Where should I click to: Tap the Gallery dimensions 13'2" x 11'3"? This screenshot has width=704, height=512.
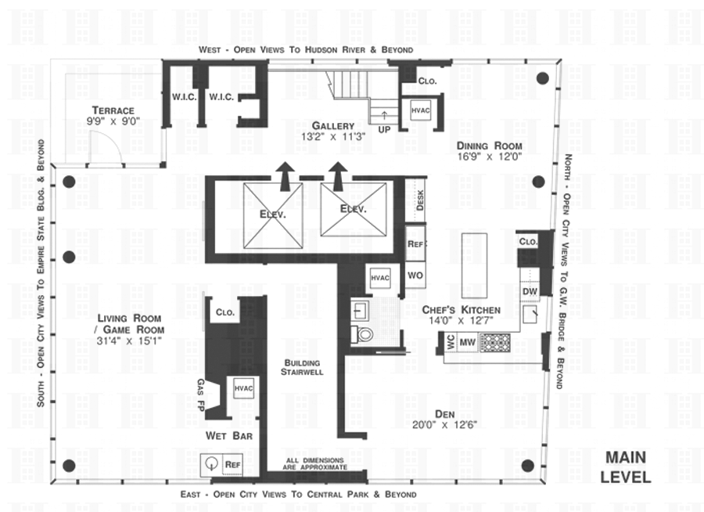click(333, 136)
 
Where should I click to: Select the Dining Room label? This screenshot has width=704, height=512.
click(490, 146)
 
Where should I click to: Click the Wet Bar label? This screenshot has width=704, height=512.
click(228, 435)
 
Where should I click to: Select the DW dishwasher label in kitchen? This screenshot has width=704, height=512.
click(530, 291)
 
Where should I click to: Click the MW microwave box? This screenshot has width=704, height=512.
click(467, 341)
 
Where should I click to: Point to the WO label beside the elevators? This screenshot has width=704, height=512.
click(415, 276)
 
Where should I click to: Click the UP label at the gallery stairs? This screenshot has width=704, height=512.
click(384, 129)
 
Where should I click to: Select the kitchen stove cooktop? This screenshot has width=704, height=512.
click(494, 341)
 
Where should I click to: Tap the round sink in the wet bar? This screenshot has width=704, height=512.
click(211, 463)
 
